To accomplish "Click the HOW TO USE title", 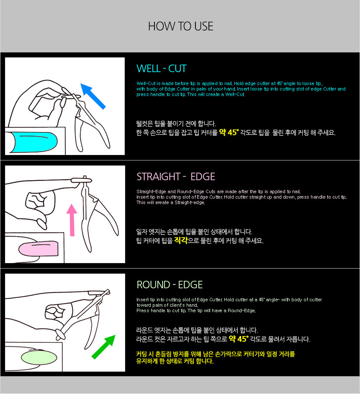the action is point(180,26).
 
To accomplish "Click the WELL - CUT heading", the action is point(161,69).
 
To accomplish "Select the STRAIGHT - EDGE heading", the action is point(176,177).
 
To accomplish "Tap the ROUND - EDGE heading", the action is point(170,285).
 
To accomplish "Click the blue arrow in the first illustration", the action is point(93,96).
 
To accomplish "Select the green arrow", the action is point(104,347).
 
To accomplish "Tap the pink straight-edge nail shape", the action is point(39,248).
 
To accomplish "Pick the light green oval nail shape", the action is point(39,357).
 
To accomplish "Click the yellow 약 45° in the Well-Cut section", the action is point(229,132).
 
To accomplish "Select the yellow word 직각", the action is point(181,241).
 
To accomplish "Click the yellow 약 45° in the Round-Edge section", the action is point(239,339).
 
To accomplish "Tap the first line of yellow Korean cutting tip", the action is point(216,354).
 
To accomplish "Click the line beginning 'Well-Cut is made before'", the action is point(229,83).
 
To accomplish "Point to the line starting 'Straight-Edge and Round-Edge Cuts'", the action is point(219,191).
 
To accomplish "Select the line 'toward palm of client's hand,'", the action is point(167,305).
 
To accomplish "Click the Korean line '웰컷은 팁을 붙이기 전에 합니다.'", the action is point(176,124).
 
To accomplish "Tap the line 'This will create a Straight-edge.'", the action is point(170,202).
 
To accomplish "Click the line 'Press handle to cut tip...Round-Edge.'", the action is point(196,310).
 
